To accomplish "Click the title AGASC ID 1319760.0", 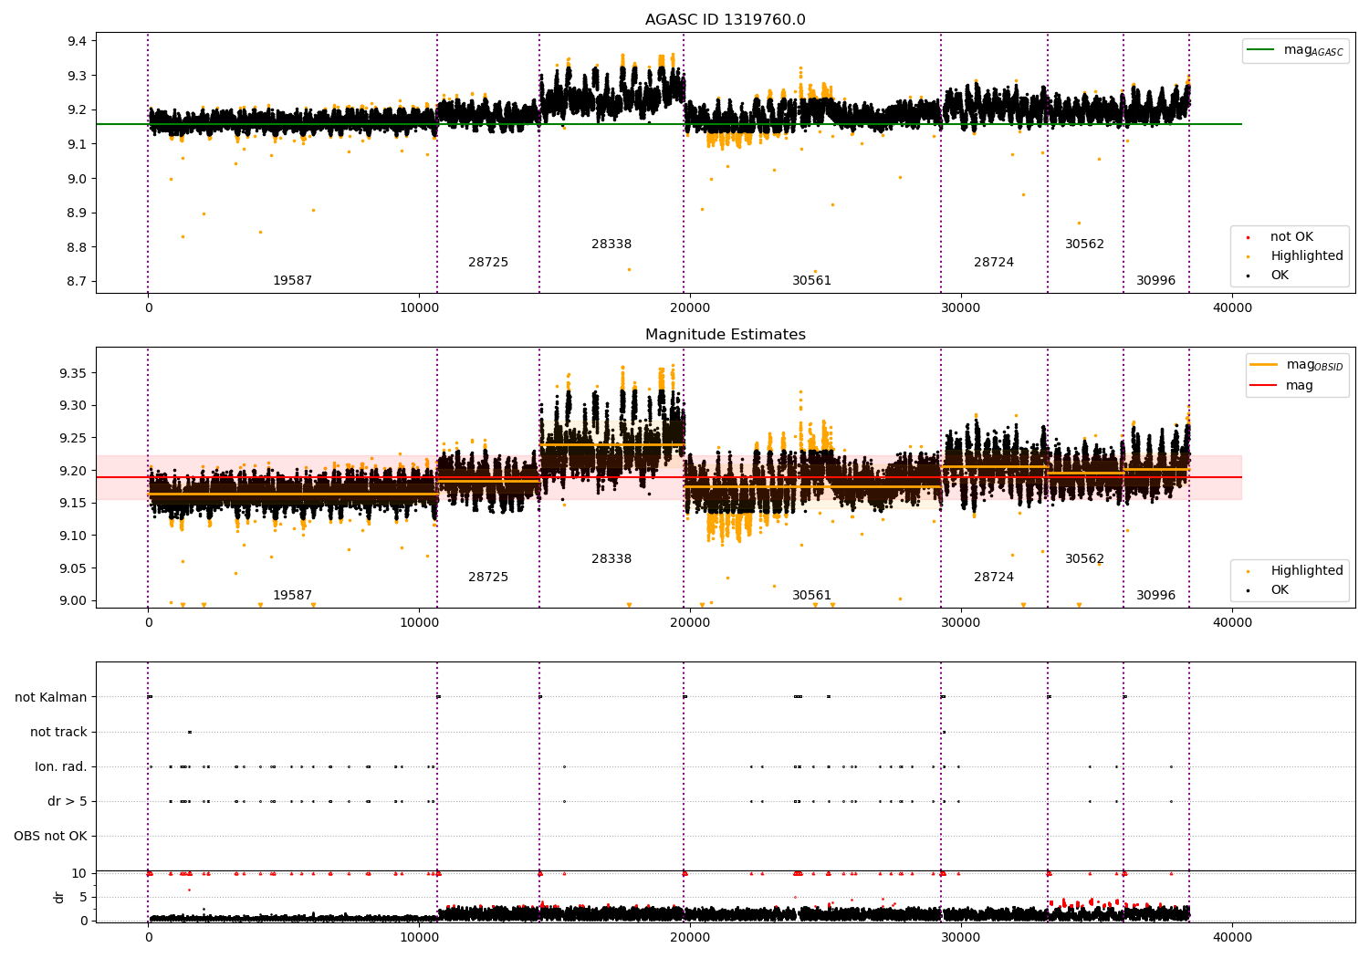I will tap(725, 20).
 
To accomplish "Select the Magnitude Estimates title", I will tap(725, 335).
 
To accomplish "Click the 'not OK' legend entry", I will tap(1291, 237).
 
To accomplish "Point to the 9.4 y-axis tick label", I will tap(77, 41).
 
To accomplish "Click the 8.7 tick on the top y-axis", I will tap(77, 281).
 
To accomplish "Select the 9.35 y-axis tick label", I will tap(73, 373).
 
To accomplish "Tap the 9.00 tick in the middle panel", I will tap(73, 600).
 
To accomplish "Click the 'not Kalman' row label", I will tap(51, 697).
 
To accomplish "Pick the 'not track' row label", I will tap(58, 732).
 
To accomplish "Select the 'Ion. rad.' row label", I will tap(60, 766).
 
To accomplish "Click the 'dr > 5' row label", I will tap(67, 801).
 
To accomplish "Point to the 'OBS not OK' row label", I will tap(50, 836).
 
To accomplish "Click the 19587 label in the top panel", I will tap(292, 281).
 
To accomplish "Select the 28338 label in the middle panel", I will tap(611, 559).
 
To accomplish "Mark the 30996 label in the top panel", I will tap(1155, 281).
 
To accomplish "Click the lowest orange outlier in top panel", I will tap(629, 269).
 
